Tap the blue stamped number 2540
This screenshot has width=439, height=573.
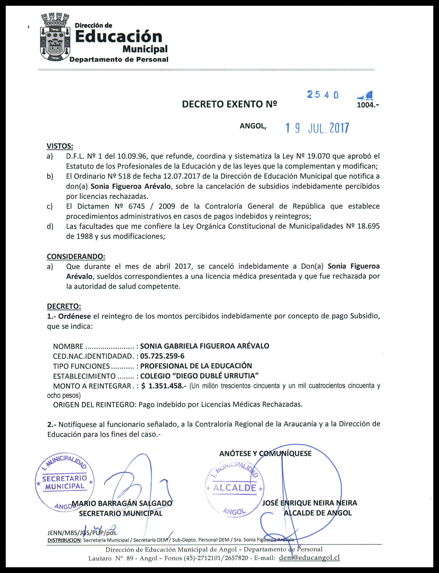coord(323,95)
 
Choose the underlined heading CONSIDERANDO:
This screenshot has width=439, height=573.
coord(76,256)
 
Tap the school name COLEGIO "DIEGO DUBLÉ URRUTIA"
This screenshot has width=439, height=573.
coord(199,376)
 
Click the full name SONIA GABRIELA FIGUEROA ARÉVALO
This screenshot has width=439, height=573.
coord(205,346)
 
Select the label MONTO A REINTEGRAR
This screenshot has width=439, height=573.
coord(92,386)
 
